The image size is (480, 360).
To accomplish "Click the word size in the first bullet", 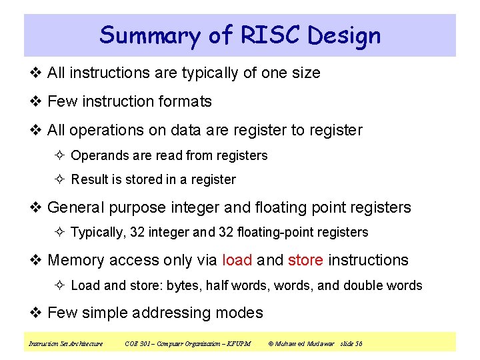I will click(x=305, y=73).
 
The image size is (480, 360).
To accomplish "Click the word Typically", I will click(x=98, y=232).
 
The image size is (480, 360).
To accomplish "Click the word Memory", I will click(x=75, y=260).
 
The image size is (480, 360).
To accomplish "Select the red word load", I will click(x=237, y=260).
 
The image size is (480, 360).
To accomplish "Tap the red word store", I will click(x=305, y=260).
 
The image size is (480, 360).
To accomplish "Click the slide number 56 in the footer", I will click(x=359, y=343).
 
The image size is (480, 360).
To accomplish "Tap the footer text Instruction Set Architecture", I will click(x=65, y=343).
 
